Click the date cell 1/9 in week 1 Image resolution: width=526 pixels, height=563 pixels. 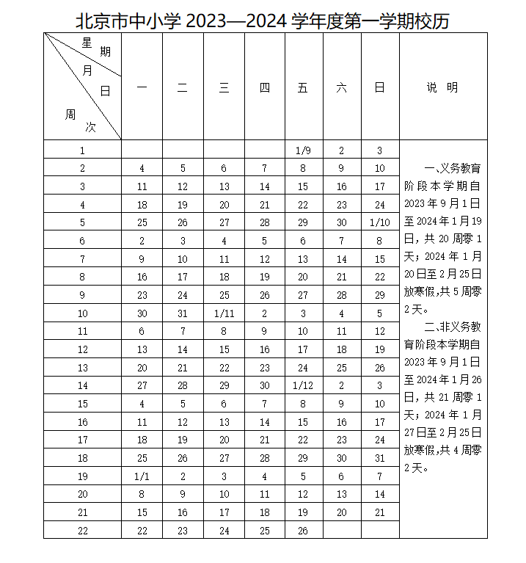point(303,150)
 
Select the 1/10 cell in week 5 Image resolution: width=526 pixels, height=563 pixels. point(379,223)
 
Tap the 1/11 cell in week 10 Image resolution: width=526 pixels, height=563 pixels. point(224,313)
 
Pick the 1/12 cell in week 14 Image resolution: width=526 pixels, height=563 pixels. point(303,385)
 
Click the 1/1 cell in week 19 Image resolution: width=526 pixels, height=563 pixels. point(142,476)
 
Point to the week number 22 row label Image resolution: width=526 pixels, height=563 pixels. point(83,531)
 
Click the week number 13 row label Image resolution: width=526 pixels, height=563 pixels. point(83,368)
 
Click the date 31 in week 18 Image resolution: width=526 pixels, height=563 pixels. point(379,458)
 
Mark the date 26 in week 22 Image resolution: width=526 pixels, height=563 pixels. point(303,531)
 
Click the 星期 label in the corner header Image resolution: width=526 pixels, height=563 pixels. point(95,48)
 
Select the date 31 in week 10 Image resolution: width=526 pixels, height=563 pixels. point(183,313)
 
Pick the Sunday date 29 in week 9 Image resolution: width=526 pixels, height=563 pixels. point(379,295)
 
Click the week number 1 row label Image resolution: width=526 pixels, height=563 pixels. point(83,150)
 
